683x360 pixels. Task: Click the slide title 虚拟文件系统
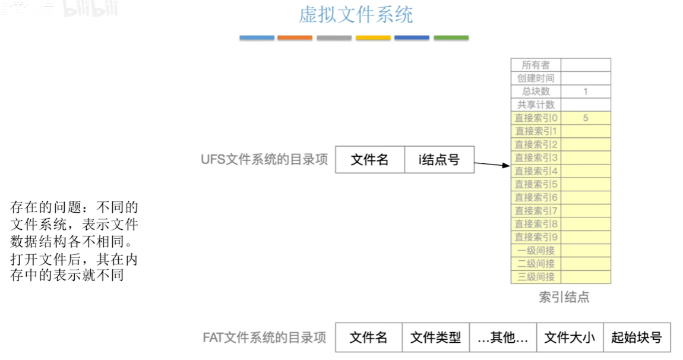(x=355, y=15)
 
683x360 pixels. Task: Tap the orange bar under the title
(x=295, y=38)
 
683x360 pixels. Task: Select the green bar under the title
(x=451, y=38)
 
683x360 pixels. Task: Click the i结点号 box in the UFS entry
(x=439, y=160)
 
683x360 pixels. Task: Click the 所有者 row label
(x=536, y=65)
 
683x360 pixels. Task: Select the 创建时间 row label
(x=536, y=78)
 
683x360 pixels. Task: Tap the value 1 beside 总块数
(x=586, y=91)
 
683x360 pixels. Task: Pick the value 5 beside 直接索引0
(x=586, y=118)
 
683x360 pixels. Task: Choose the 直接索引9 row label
(x=536, y=237)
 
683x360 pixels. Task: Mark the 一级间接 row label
(x=536, y=251)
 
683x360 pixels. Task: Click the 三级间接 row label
(x=536, y=277)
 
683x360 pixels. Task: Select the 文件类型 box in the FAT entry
(x=436, y=338)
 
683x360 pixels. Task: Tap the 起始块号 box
(x=637, y=338)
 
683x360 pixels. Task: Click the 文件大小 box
(x=570, y=338)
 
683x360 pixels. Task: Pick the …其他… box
(x=503, y=338)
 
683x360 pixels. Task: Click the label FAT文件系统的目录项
(x=265, y=338)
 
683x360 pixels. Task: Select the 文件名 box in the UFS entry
(x=370, y=160)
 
